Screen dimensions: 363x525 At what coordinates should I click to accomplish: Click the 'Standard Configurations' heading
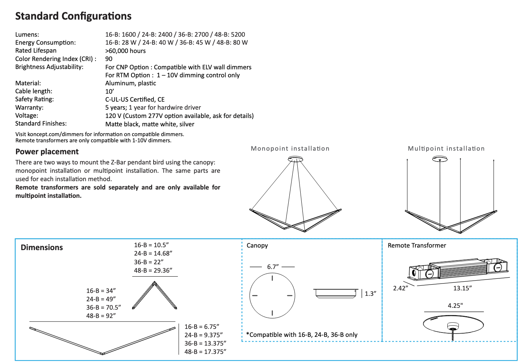[x=73, y=16]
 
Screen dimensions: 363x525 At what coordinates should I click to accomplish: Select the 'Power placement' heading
[x=47, y=152]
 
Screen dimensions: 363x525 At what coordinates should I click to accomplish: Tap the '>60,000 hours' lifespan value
[x=125, y=51]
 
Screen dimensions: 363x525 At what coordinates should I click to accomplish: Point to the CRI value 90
[x=109, y=59]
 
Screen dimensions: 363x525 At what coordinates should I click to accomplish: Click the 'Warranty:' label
[x=29, y=107]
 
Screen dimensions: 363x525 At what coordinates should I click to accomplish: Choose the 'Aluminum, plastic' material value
[x=131, y=83]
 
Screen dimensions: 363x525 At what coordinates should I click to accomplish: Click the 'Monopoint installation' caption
[x=290, y=148]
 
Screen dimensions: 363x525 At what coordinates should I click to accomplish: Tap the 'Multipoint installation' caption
[x=446, y=148]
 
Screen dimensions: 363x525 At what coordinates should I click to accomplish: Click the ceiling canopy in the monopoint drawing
[x=295, y=159]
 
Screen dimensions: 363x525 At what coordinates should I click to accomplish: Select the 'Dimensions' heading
[x=42, y=248]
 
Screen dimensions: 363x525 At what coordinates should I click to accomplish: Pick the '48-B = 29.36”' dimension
[x=153, y=270]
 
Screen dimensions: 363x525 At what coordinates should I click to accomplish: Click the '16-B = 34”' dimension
[x=101, y=291]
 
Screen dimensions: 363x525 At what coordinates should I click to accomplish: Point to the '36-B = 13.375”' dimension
[x=205, y=343]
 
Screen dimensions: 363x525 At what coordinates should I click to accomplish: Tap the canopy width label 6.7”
[x=273, y=267]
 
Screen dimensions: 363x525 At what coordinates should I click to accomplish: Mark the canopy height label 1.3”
[x=370, y=294]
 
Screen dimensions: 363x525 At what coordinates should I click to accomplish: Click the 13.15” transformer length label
[x=462, y=288]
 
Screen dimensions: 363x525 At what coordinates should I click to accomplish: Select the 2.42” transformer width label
[x=400, y=288]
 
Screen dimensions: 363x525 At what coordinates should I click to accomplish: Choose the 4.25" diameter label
[x=455, y=306]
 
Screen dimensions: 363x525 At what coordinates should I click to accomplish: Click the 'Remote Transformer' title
[x=417, y=245]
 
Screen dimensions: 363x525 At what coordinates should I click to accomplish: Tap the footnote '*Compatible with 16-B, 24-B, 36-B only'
[x=302, y=335]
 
